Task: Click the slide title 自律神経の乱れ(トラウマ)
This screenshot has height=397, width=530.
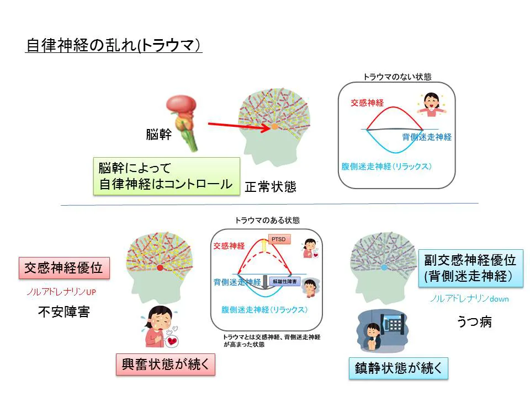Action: click(114, 45)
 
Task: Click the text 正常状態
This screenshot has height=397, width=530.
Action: click(271, 187)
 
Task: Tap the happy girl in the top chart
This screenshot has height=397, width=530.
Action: click(430, 105)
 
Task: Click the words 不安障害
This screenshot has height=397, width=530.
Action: click(63, 313)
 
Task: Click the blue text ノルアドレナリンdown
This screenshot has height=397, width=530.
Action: click(469, 299)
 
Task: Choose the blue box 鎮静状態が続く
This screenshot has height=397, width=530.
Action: click(398, 368)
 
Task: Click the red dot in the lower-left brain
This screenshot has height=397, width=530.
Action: click(160, 268)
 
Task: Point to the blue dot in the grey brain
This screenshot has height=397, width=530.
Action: click(384, 267)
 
